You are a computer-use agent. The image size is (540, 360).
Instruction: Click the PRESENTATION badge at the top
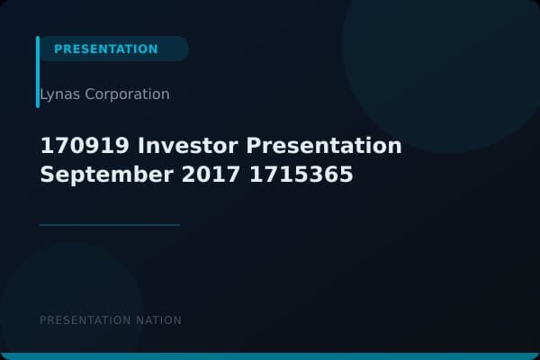[106, 49]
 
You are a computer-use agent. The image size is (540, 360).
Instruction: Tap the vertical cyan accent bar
[38, 72]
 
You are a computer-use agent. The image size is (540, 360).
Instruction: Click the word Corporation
[127, 94]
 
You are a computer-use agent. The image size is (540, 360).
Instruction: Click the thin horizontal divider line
[110, 225]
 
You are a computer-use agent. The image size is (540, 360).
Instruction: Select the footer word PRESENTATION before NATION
[86, 320]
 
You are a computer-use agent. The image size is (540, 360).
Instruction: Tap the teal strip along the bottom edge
[270, 356]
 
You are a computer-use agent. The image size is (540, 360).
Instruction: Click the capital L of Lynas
[44, 94]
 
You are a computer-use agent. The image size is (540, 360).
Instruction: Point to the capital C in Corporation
[90, 94]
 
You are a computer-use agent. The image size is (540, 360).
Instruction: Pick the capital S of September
[47, 175]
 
